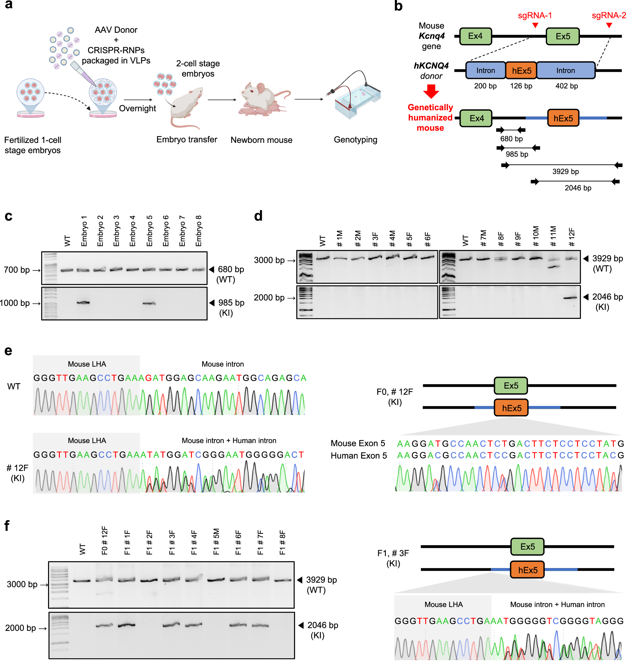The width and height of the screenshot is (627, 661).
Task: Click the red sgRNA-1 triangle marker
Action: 535,25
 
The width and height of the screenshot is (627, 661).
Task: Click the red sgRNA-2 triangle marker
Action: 609,25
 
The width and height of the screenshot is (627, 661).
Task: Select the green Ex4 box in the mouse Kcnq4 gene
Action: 475,36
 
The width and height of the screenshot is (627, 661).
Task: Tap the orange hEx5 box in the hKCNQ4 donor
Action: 521,71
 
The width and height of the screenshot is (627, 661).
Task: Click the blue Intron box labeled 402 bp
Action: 566,71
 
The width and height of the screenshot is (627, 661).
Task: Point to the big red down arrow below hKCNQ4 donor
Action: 431,91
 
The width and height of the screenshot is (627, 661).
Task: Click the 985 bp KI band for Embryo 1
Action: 83,303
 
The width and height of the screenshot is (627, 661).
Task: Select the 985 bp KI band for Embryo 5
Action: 149,303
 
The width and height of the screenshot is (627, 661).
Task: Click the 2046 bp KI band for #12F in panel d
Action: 570,298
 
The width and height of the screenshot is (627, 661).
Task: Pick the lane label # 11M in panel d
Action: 554,236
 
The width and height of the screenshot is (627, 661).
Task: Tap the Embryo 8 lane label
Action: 199,231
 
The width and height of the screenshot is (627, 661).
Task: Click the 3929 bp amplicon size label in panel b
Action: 566,171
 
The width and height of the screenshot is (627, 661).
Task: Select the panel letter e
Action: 8,351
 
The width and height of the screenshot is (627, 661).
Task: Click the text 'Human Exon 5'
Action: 359,456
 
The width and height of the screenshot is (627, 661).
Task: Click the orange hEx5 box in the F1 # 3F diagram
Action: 528,570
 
